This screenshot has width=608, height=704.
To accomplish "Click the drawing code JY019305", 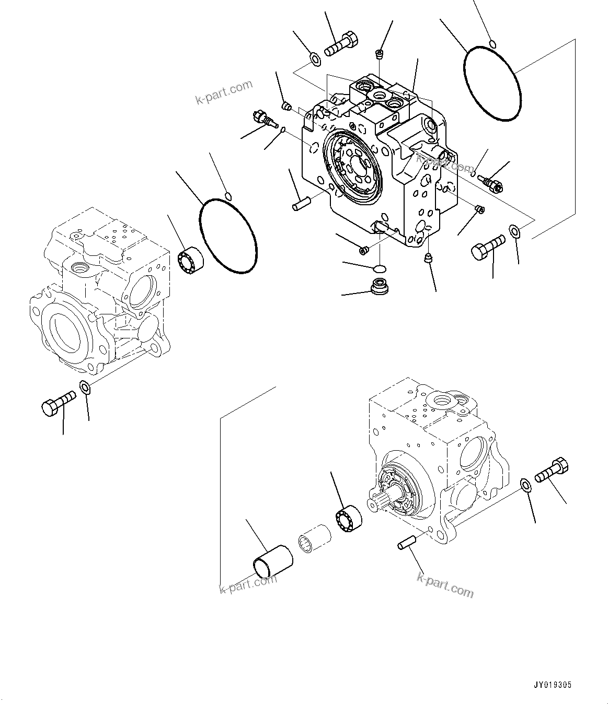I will click(554, 685).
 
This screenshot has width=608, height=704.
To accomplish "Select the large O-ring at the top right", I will click(492, 84).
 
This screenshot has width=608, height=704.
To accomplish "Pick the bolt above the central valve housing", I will click(341, 44).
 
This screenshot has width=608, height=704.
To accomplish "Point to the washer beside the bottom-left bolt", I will click(85, 387).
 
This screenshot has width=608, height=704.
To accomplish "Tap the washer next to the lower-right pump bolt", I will click(526, 485).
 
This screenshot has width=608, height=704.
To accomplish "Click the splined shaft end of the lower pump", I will click(380, 504).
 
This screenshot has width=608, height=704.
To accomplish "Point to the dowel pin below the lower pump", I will click(406, 543).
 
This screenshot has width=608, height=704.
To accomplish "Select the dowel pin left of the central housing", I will click(302, 202).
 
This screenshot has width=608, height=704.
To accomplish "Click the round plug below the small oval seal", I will click(380, 286).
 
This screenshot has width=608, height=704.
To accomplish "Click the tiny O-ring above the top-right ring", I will click(491, 43).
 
